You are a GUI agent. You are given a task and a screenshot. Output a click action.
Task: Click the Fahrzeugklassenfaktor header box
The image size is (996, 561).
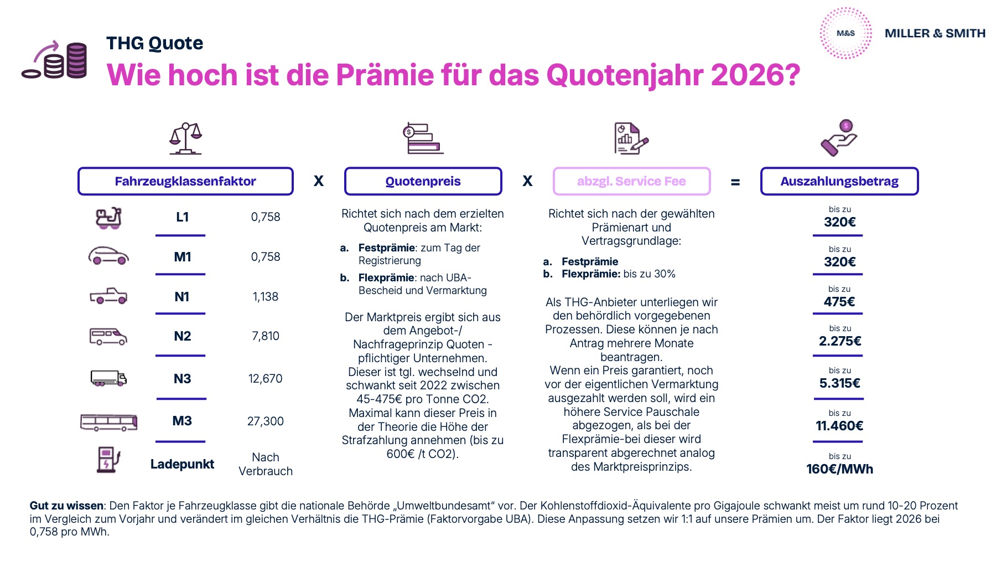pos(185,181)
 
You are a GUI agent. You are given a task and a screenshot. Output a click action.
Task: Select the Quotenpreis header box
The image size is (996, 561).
pos(423,181)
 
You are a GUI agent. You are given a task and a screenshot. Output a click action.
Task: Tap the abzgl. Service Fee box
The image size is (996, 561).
pos(631,181)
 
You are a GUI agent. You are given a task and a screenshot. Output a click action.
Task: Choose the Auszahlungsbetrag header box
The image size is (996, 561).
pos(839,181)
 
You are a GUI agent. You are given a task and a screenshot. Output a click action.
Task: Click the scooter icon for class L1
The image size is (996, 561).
pos(108,218)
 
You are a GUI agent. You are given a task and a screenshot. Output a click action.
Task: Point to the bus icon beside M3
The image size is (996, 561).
pos(108,422)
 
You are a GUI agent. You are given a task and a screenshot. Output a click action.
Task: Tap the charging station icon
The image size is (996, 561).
pos(108,460)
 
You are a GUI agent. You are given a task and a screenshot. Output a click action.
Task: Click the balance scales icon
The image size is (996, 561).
pos(185,138)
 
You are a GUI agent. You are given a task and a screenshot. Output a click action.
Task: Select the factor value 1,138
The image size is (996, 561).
pos(266,297)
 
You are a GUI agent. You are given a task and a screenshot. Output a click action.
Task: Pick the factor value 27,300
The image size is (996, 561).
pos(266,421)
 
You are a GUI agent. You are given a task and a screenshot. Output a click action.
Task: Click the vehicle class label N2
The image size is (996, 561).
pos(182,336)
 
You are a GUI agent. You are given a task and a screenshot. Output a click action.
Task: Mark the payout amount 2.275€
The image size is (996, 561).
pos(840,341)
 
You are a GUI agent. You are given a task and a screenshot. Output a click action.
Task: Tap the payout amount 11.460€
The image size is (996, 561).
pos(839,426)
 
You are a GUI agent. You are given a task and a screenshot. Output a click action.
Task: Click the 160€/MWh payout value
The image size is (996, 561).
pos(839,469)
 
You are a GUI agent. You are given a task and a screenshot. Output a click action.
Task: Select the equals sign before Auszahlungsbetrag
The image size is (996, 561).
pos(735,182)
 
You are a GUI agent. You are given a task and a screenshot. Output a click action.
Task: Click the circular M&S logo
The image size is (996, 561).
pos(845,33)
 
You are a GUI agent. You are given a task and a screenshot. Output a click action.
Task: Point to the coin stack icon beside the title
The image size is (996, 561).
pos(55,60)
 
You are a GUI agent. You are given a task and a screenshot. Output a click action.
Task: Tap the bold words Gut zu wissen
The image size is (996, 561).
pos(66,506)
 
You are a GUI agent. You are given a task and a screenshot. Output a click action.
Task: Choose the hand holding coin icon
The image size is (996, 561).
pos(839,138)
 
